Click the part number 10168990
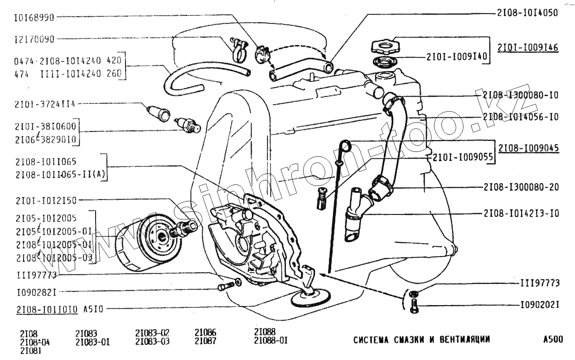[x=34, y=18]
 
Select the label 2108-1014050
[x=527, y=13]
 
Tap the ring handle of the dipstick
[x=346, y=146]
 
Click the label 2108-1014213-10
[x=521, y=213]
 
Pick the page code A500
[x=554, y=339]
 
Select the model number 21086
[x=205, y=333]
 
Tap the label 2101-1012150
[x=46, y=200]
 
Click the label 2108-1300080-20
[x=521, y=187]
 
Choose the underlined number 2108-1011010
[x=47, y=310]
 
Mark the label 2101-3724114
[x=45, y=104]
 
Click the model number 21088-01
[x=271, y=340]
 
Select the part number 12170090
[x=34, y=39]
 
